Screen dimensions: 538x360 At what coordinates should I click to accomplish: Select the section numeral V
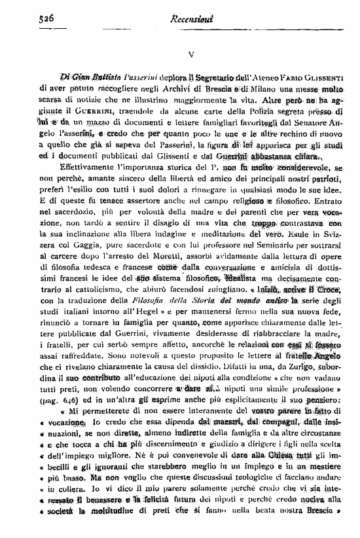(x=189, y=56)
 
